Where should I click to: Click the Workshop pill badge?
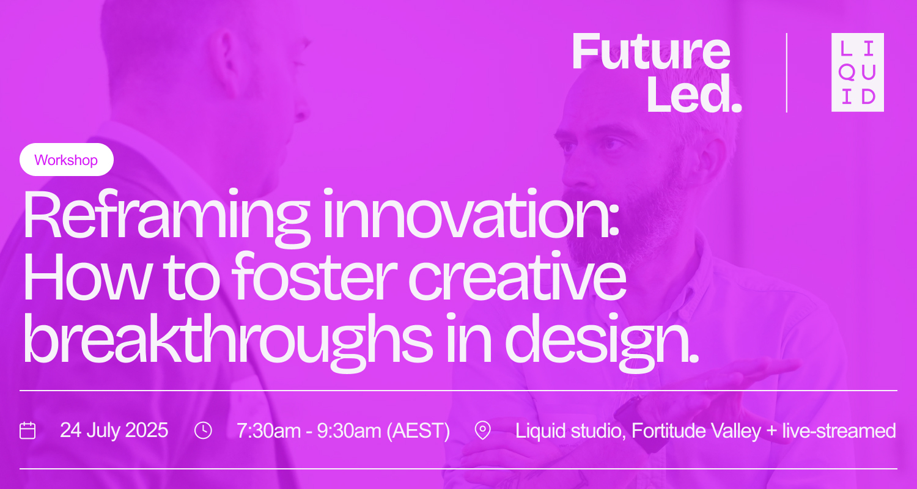66,160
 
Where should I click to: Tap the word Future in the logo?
651,53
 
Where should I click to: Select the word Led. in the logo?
694,95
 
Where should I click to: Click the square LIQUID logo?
857,72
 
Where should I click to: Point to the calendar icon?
28,430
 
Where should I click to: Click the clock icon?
203,430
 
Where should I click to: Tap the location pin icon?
483,430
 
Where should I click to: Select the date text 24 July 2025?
114,430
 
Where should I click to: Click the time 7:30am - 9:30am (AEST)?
343,430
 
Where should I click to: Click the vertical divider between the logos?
786,72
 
